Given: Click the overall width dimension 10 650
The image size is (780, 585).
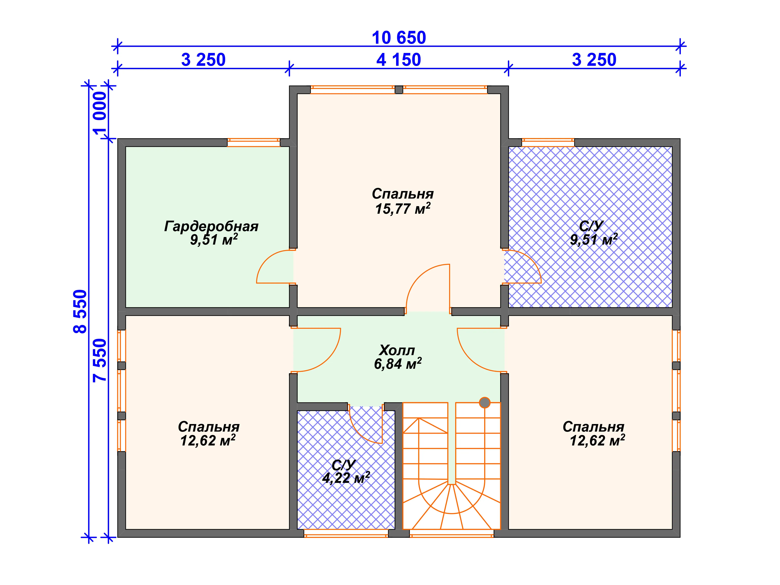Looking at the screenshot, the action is [x=399, y=38].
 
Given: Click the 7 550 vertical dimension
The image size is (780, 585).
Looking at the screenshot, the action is [x=100, y=360].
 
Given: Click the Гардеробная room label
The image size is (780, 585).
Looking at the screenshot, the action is [x=211, y=226].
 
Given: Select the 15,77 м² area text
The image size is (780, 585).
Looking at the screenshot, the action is [x=403, y=208].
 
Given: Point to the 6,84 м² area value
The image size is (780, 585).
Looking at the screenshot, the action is [x=398, y=364].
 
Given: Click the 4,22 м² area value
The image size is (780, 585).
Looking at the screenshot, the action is [x=346, y=478].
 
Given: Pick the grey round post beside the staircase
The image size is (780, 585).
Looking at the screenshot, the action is [x=485, y=402].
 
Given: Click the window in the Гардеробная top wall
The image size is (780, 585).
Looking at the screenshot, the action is [x=254, y=142].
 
